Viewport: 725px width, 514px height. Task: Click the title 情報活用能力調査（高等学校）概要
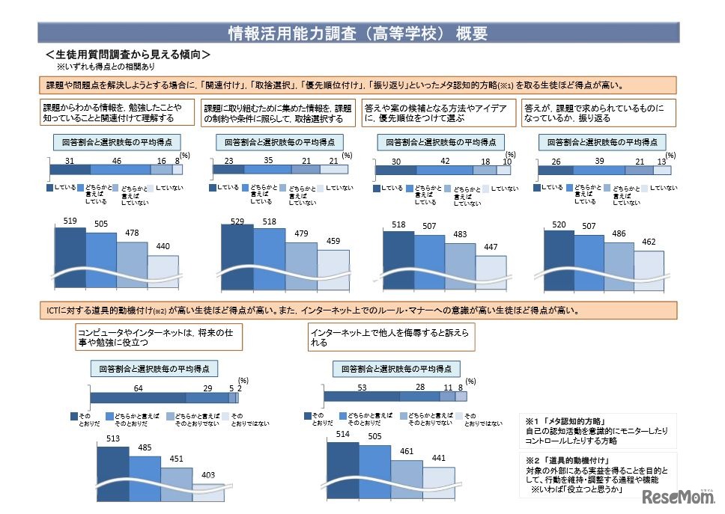coord(358,33)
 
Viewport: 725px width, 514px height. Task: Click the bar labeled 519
coord(70,258)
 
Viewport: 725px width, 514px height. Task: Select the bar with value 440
coord(163,273)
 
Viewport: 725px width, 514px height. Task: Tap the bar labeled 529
coord(237,258)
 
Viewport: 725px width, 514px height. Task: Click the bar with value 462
coord(649,269)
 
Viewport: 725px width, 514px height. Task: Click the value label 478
coord(132,233)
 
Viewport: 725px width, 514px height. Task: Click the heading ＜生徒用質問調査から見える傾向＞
coord(127,55)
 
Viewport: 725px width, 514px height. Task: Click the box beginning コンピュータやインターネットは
coord(159,337)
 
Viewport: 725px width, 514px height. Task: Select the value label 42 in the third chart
coord(446,161)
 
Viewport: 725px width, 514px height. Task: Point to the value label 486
coord(618,233)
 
